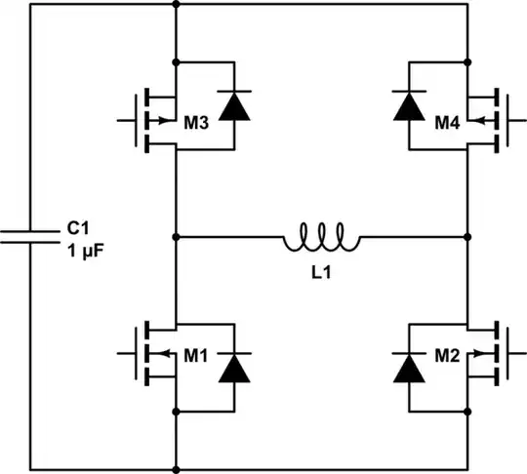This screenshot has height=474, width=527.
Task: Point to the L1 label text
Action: tap(321, 275)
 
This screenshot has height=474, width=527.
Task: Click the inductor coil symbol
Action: tap(322, 237)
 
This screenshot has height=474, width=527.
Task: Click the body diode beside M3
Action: tap(233, 107)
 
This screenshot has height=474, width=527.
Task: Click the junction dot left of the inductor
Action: tap(176, 237)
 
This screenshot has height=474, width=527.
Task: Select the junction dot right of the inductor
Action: tap(468, 237)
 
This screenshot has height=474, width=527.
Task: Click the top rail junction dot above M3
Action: tap(176, 5)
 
